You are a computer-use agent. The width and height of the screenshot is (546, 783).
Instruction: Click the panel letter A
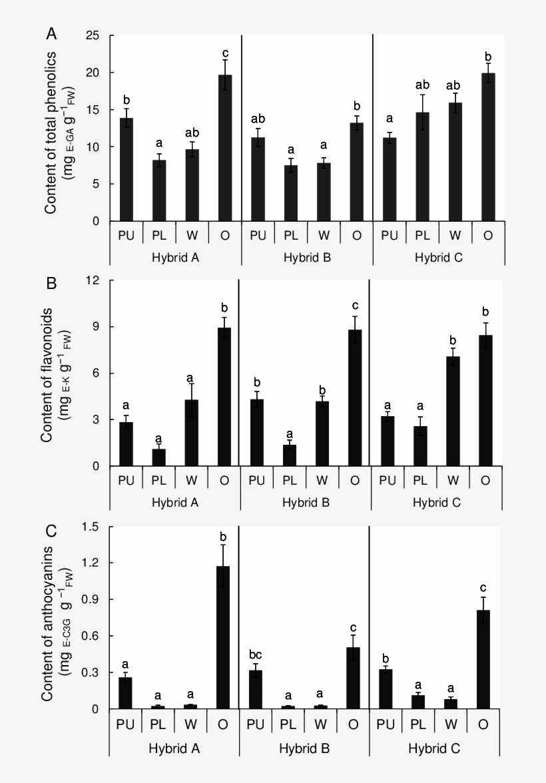(52, 33)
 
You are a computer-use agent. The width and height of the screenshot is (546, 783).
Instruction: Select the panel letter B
(51, 282)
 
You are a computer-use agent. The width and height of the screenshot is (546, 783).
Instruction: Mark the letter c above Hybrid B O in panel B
(355, 306)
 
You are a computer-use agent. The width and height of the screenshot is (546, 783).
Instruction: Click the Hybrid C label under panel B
(435, 501)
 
